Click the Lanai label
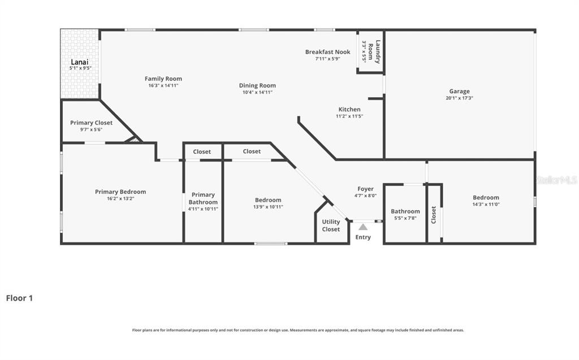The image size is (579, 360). [x=80, y=62]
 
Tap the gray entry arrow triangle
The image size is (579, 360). [x=363, y=227]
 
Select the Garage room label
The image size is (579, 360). [x=459, y=91]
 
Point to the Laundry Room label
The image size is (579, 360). [x=375, y=51]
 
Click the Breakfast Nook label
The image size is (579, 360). [x=327, y=51]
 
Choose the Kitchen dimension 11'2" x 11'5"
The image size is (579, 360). [x=349, y=116]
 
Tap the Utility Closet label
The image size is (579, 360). [x=331, y=225]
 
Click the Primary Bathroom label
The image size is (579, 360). [x=203, y=198]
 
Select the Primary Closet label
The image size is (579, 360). [x=91, y=123]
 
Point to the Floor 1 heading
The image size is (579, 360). [x=19, y=298]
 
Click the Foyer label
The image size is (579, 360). [x=365, y=189]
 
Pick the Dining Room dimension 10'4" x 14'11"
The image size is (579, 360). [x=257, y=92]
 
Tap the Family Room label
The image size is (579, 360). [x=163, y=79]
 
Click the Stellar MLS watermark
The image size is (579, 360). [x=556, y=180]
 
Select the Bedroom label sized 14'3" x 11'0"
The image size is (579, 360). [x=486, y=197]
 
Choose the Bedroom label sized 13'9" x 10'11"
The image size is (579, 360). [x=268, y=199]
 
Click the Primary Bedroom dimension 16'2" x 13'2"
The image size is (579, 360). [x=120, y=199]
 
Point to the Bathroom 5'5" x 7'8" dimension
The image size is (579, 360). [x=405, y=218]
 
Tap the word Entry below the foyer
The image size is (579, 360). [x=363, y=237]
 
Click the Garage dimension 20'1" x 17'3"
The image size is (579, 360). [x=459, y=98]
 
